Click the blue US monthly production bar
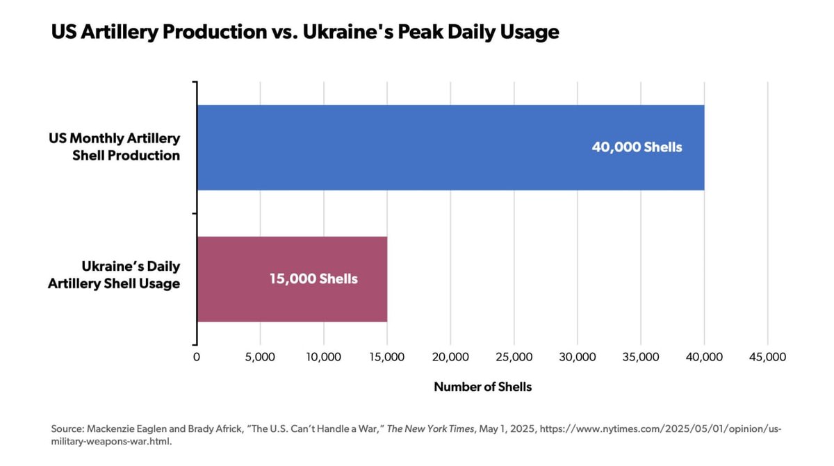pyautogui.click(x=417, y=147)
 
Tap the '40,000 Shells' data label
pyautogui.click(x=637, y=147)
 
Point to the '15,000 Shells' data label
pyautogui.click(x=313, y=279)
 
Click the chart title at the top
pyautogui.click(x=305, y=32)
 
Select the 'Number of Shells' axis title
pyautogui.click(x=482, y=387)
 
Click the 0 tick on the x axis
pyautogui.click(x=197, y=357)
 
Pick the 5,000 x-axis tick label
pyautogui.click(x=260, y=357)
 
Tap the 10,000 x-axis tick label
pyautogui.click(x=323, y=357)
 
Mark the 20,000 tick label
pyautogui.click(x=450, y=357)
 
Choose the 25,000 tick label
pyautogui.click(x=514, y=357)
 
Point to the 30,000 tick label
pyautogui.click(x=578, y=357)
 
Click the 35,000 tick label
pyautogui.click(x=641, y=357)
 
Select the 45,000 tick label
pyautogui.click(x=767, y=357)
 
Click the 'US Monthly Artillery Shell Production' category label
pyautogui.click(x=115, y=147)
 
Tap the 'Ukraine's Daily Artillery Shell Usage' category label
pyautogui.click(x=115, y=275)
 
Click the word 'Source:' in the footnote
pyautogui.click(x=67, y=428)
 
